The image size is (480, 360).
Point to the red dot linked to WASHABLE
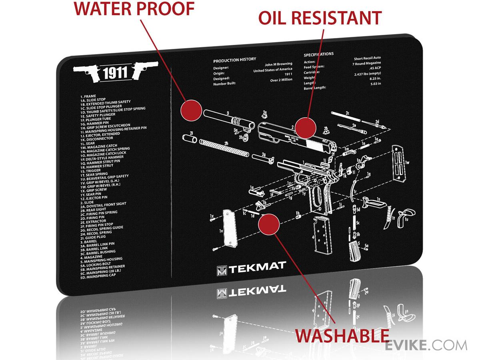[x=268, y=225]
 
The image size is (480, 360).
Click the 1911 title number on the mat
[x=115, y=72]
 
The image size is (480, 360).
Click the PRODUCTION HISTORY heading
[x=234, y=60]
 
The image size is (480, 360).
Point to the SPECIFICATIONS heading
[x=318, y=54]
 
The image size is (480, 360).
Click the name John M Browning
[x=278, y=64]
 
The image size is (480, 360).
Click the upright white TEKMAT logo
[x=251, y=266]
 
